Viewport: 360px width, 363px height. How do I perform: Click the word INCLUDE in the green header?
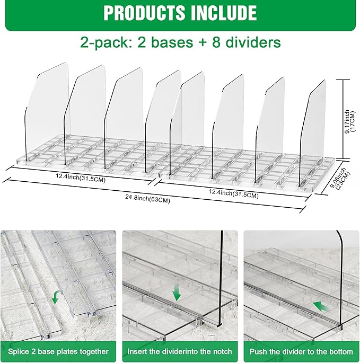223,13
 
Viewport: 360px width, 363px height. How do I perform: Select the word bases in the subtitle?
176,42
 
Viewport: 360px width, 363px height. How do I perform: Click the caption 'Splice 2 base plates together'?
59,352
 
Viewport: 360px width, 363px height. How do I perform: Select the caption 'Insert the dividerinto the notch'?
180,352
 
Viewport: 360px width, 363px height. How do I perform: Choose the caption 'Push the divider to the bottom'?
301,352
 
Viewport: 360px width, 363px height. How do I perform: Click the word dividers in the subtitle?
249,42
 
